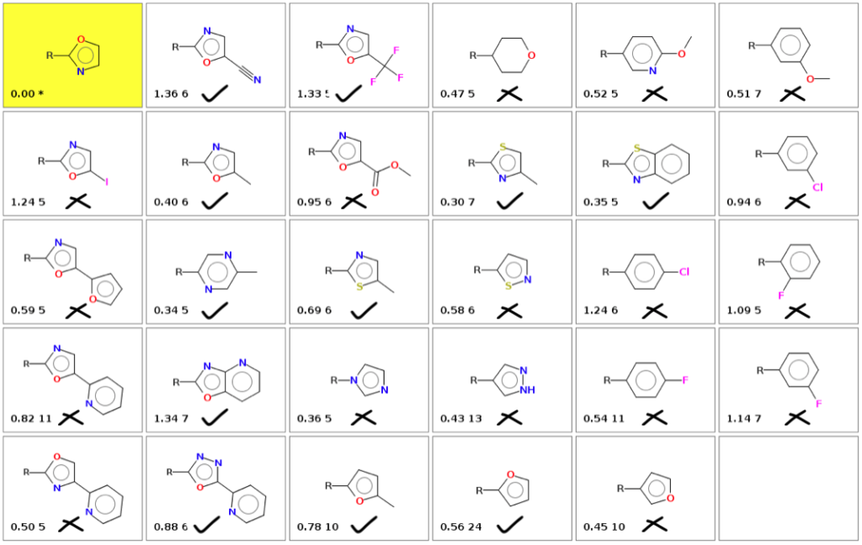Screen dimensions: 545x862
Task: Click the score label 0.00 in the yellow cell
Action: coord(22,94)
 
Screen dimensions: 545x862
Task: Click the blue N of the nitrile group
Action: coord(258,80)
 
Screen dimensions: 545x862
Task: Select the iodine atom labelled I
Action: coord(107,180)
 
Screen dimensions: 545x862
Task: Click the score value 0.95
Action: coord(308,202)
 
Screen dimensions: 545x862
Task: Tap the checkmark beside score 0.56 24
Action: coord(509,526)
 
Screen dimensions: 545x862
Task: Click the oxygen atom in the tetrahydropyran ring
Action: coord(532,56)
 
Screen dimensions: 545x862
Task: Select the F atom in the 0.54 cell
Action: coord(685,381)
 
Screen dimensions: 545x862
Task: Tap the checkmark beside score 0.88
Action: coord(207,526)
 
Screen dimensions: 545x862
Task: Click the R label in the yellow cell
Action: coord(50,56)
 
